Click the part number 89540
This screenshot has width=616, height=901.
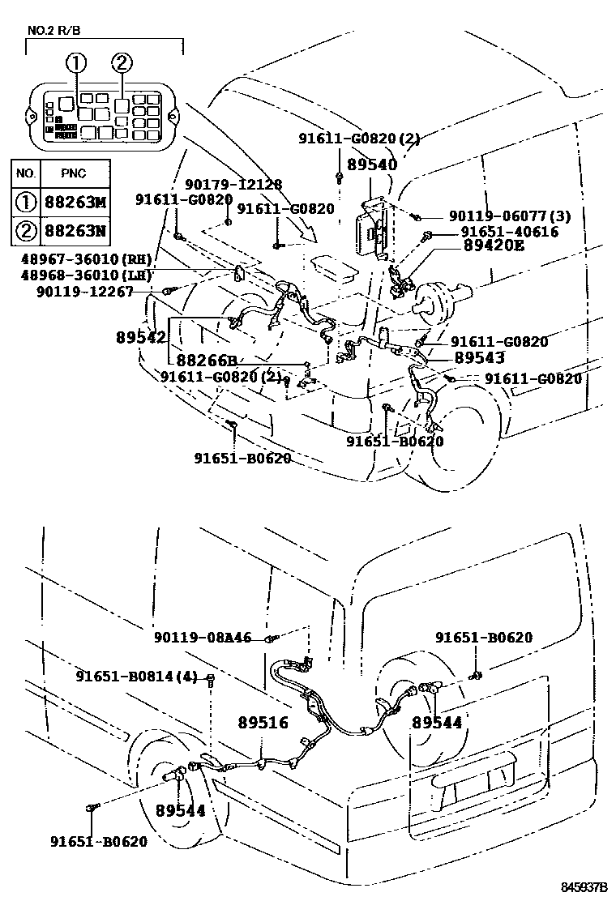pos(372,164)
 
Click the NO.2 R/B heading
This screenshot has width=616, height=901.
pos(54,32)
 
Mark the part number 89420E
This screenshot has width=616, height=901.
pos(493,246)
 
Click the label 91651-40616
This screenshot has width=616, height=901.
pos(510,232)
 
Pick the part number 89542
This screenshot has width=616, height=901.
pos(139,337)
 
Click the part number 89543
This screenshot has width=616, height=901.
pos(479,357)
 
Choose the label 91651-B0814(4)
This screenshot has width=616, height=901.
pos(137,676)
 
